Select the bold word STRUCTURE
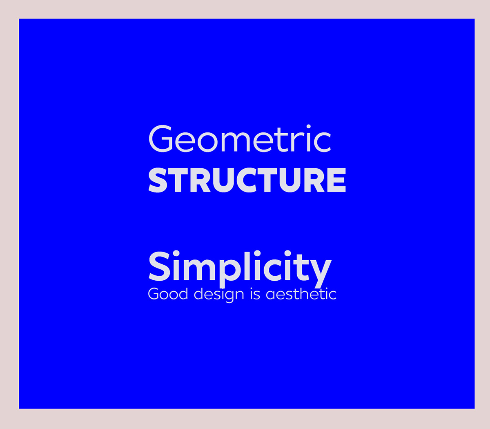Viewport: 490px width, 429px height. click(247, 180)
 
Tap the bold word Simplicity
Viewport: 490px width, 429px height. click(240, 269)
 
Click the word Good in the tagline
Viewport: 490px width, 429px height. click(168, 294)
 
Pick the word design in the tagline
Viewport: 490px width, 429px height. click(219, 295)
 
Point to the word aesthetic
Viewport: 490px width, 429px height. click(301, 294)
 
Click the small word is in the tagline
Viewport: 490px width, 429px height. click(255, 294)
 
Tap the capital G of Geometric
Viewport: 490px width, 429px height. click(160, 138)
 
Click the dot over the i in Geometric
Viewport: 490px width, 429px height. click(308, 127)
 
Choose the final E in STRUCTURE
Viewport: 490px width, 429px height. click(337, 180)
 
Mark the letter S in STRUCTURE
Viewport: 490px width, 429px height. click(158, 180)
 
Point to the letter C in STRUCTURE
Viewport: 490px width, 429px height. click(248, 180)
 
